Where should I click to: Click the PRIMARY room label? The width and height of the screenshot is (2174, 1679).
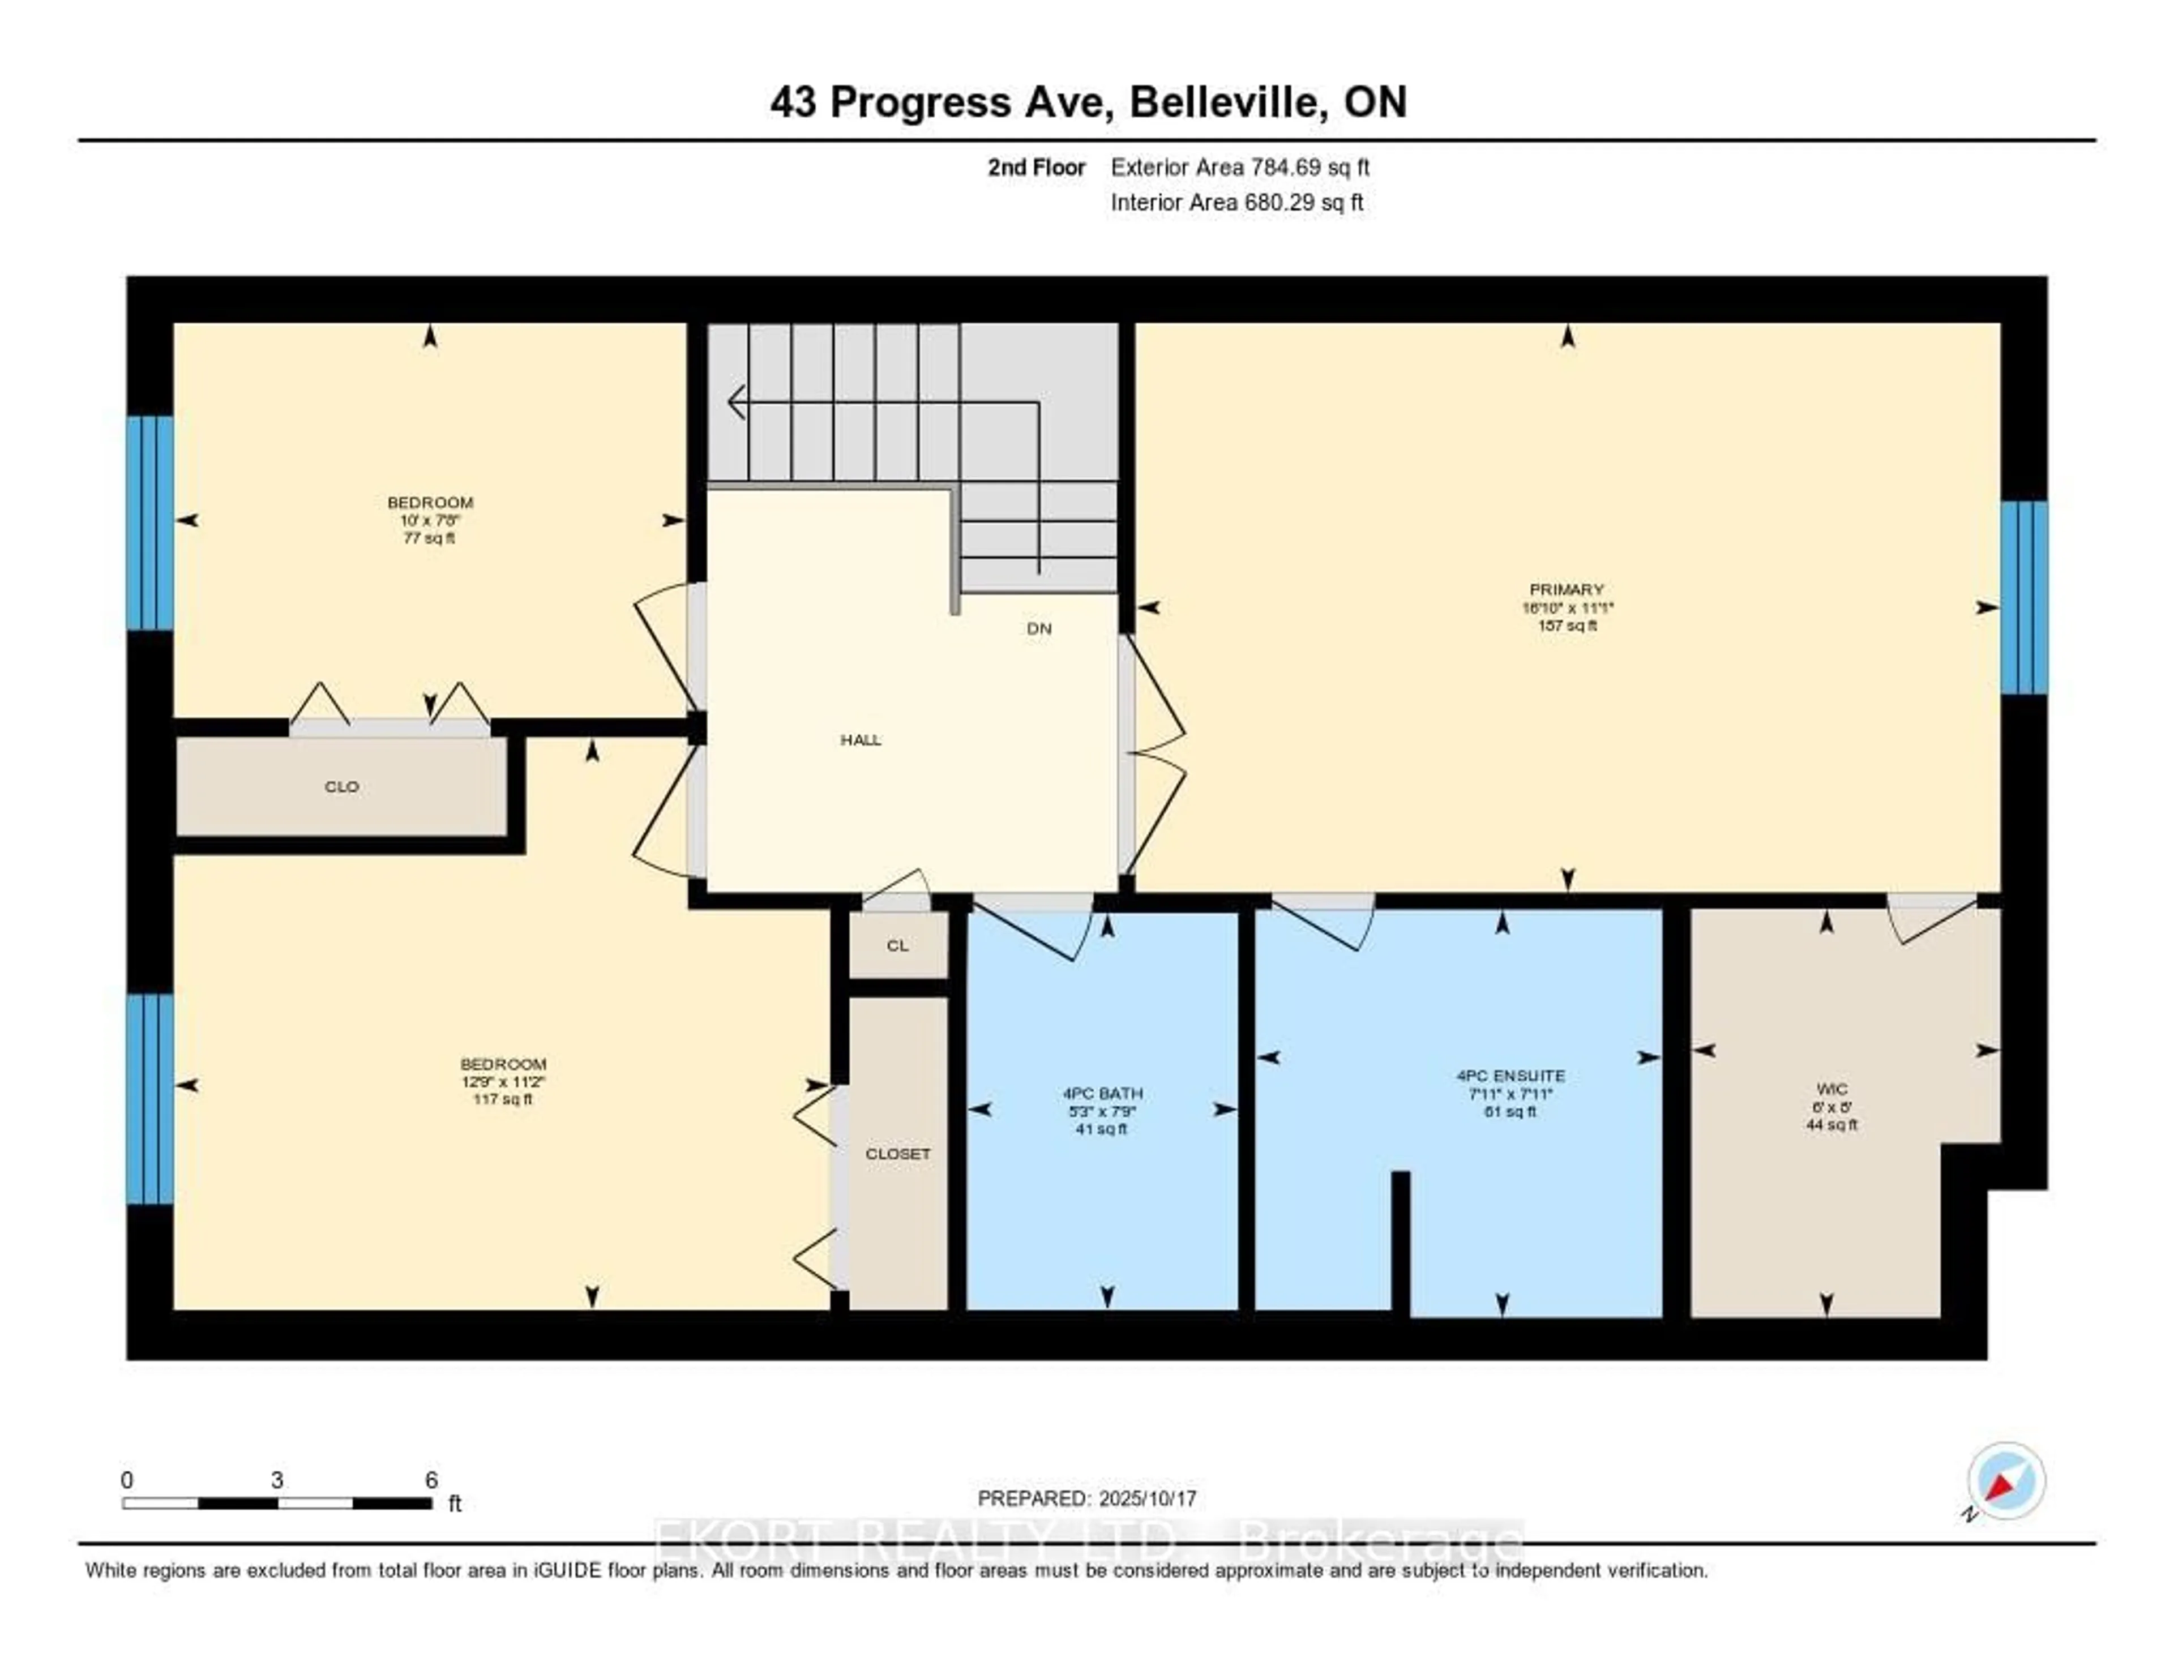(x=1567, y=589)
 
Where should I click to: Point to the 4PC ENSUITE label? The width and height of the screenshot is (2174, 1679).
(x=1510, y=1075)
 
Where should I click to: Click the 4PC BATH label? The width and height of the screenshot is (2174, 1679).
(x=1102, y=1093)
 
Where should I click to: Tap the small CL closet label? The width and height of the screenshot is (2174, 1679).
(x=897, y=945)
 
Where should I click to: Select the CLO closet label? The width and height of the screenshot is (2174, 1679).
(x=341, y=786)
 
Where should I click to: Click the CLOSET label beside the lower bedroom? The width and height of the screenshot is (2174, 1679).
(x=897, y=1154)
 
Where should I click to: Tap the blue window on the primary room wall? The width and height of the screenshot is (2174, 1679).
(x=2024, y=597)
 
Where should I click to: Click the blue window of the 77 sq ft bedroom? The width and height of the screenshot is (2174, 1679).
(x=149, y=522)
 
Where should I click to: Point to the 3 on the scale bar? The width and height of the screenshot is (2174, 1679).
(x=277, y=1480)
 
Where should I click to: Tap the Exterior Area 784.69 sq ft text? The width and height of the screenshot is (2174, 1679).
(x=1239, y=167)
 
